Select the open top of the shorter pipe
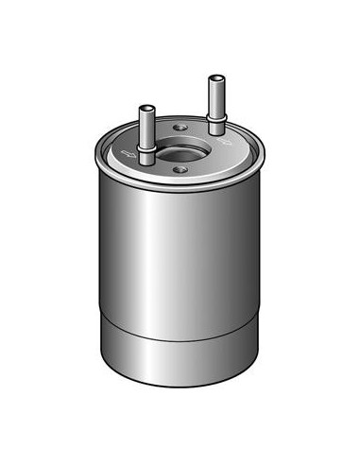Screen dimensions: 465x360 pos(146,107)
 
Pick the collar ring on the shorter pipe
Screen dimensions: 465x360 pos(146,148)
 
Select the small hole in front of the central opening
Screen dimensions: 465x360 pos(180,171)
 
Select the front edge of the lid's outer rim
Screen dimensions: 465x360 pos(180,189)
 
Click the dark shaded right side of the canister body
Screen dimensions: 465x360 pos(250,255)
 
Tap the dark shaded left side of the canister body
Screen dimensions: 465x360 pos(110,255)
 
